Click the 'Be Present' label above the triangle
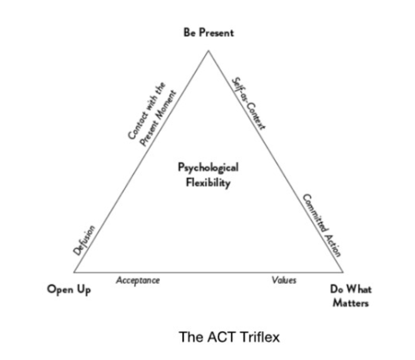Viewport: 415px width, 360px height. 208,33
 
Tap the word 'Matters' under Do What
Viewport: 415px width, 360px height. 351,304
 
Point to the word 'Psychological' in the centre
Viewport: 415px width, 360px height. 208,167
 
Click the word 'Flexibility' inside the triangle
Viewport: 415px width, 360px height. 208,182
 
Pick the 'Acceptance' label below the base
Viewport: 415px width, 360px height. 138,280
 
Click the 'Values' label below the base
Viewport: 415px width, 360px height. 284,280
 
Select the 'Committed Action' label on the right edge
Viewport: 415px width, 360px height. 321,225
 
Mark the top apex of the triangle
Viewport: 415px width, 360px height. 208,50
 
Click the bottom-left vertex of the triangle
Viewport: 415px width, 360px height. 73,272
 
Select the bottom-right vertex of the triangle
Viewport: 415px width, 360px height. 343,272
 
